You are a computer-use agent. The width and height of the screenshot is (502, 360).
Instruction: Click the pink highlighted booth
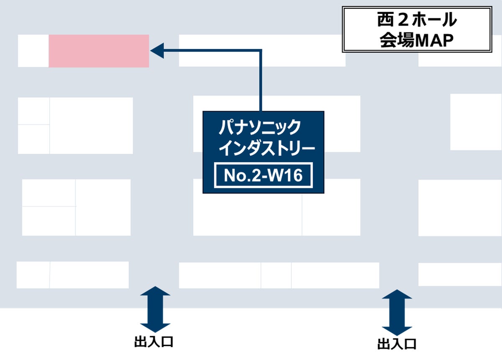click(x=99, y=51)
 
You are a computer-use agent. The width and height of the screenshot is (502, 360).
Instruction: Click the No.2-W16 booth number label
click(x=263, y=175)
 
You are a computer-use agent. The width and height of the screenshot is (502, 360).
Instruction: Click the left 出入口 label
click(x=154, y=342)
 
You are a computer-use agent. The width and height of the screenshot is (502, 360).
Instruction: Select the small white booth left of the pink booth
click(x=33, y=51)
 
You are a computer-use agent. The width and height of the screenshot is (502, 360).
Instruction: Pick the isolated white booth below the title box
click(x=476, y=122)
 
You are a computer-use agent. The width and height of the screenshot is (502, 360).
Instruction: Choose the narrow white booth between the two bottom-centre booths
click(x=276, y=275)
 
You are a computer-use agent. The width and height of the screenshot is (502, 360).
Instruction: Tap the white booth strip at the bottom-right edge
click(x=460, y=274)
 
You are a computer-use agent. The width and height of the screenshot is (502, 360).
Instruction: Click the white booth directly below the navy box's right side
click(x=331, y=213)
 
